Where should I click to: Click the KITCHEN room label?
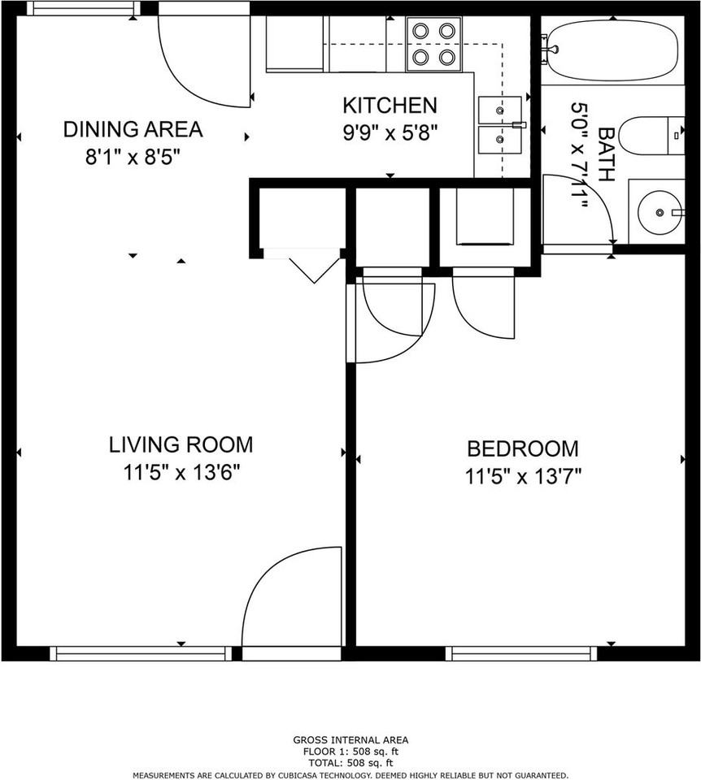[x=390, y=106]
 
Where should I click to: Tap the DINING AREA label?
[x=133, y=129]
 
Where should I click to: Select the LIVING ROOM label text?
[x=181, y=444]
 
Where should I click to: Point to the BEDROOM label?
[x=523, y=448]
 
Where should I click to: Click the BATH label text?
[x=606, y=154]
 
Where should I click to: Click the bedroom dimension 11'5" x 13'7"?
[x=523, y=477]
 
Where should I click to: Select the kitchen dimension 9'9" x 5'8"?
[x=390, y=132]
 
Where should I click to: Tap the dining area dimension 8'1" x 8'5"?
[x=133, y=157]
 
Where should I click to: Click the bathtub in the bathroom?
[x=613, y=50]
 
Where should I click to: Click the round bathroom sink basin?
[x=660, y=212]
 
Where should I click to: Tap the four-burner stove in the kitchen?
[x=433, y=44]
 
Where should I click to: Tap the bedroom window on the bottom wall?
[x=521, y=653]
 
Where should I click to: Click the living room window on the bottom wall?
[x=142, y=653]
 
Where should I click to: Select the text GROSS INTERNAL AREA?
[x=350, y=740]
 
